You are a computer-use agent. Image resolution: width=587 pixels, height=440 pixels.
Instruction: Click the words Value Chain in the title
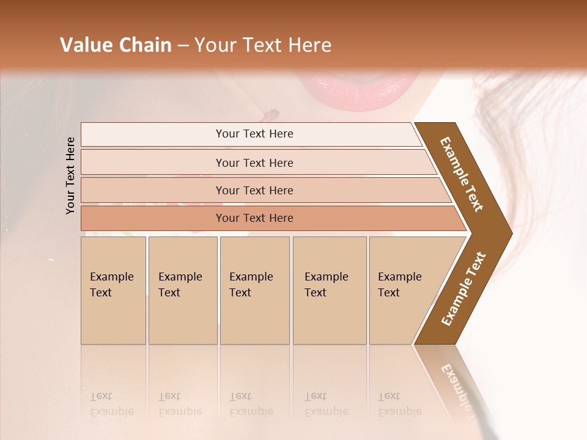(x=116, y=45)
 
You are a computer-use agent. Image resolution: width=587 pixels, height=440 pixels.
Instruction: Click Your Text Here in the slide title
(x=262, y=45)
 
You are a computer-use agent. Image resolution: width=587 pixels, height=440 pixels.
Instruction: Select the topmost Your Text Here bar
(x=254, y=134)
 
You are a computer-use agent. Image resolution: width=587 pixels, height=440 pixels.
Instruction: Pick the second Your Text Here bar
(x=254, y=163)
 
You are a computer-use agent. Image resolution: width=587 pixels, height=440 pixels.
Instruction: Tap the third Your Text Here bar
(x=254, y=190)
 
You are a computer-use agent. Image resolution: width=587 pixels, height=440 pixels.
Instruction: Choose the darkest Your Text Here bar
(x=254, y=218)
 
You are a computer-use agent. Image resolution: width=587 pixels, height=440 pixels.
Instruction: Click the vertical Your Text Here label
(x=71, y=175)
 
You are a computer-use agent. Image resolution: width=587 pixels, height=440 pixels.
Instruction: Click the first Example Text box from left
(x=113, y=290)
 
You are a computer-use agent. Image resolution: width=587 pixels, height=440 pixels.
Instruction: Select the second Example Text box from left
(x=182, y=290)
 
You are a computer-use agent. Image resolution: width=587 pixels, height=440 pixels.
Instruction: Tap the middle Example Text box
(x=254, y=290)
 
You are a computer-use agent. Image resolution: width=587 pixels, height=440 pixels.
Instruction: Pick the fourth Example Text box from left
(x=329, y=290)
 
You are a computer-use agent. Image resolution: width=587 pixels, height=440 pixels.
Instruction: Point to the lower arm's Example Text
(x=463, y=289)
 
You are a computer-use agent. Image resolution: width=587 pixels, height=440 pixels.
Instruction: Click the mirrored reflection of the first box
(x=113, y=385)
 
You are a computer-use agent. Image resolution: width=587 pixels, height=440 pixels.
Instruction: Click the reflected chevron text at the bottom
(x=456, y=385)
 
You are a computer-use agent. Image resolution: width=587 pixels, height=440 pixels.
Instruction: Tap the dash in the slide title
(x=183, y=46)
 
